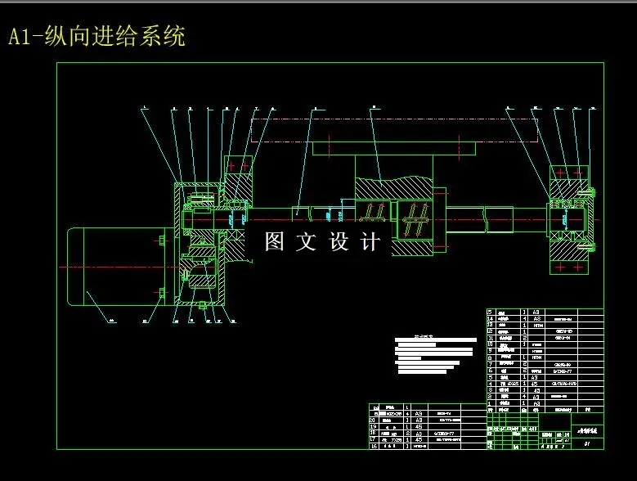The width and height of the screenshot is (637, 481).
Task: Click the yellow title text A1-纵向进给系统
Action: point(96,37)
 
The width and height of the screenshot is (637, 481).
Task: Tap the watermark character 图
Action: point(274,242)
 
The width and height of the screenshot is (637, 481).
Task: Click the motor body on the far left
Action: point(106,266)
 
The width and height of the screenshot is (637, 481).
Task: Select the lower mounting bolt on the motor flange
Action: point(162,292)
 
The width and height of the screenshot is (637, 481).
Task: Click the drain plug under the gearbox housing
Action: point(201,305)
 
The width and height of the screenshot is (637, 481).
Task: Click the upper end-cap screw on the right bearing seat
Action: point(585,194)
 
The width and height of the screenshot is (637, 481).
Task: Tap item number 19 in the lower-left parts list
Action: point(375,426)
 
